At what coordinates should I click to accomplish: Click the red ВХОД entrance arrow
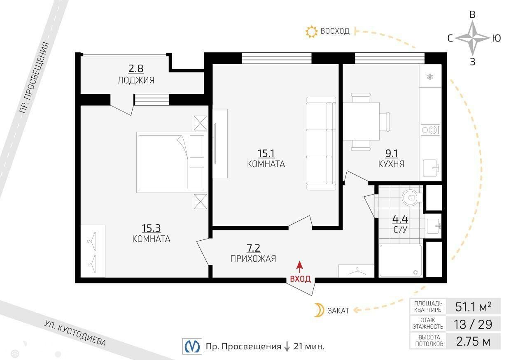pos(299,267)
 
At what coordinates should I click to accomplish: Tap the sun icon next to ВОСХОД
pos(311,32)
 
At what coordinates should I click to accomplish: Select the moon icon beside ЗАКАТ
pos(319,310)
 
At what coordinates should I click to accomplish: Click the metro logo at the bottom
pos(192,346)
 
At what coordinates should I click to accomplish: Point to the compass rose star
pos(472,38)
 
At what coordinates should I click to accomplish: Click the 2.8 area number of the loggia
pos(136,69)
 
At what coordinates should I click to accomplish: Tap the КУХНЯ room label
pos(391,164)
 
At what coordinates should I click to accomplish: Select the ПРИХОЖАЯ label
pos(253,258)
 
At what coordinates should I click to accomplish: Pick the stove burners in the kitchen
pos(430,130)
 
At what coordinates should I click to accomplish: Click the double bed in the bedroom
pos(172,162)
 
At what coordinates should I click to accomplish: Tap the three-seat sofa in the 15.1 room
pos(321,144)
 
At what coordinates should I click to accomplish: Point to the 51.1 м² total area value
pos(473,307)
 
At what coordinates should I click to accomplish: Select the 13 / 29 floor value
pos(473,325)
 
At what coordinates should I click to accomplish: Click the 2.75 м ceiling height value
pos(473,341)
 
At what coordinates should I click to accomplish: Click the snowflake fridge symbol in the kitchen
pos(430,77)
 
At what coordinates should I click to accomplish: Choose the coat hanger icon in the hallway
pos(357,271)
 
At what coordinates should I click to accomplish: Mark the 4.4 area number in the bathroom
pos(400,219)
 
